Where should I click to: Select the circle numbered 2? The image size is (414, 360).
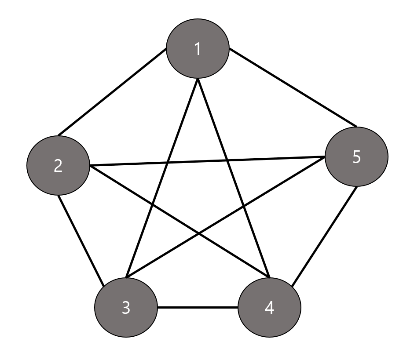(x=58, y=166)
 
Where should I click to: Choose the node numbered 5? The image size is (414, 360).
(x=356, y=157)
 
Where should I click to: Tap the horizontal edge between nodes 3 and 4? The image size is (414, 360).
(x=198, y=307)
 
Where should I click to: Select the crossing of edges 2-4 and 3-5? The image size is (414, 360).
(x=199, y=233)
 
